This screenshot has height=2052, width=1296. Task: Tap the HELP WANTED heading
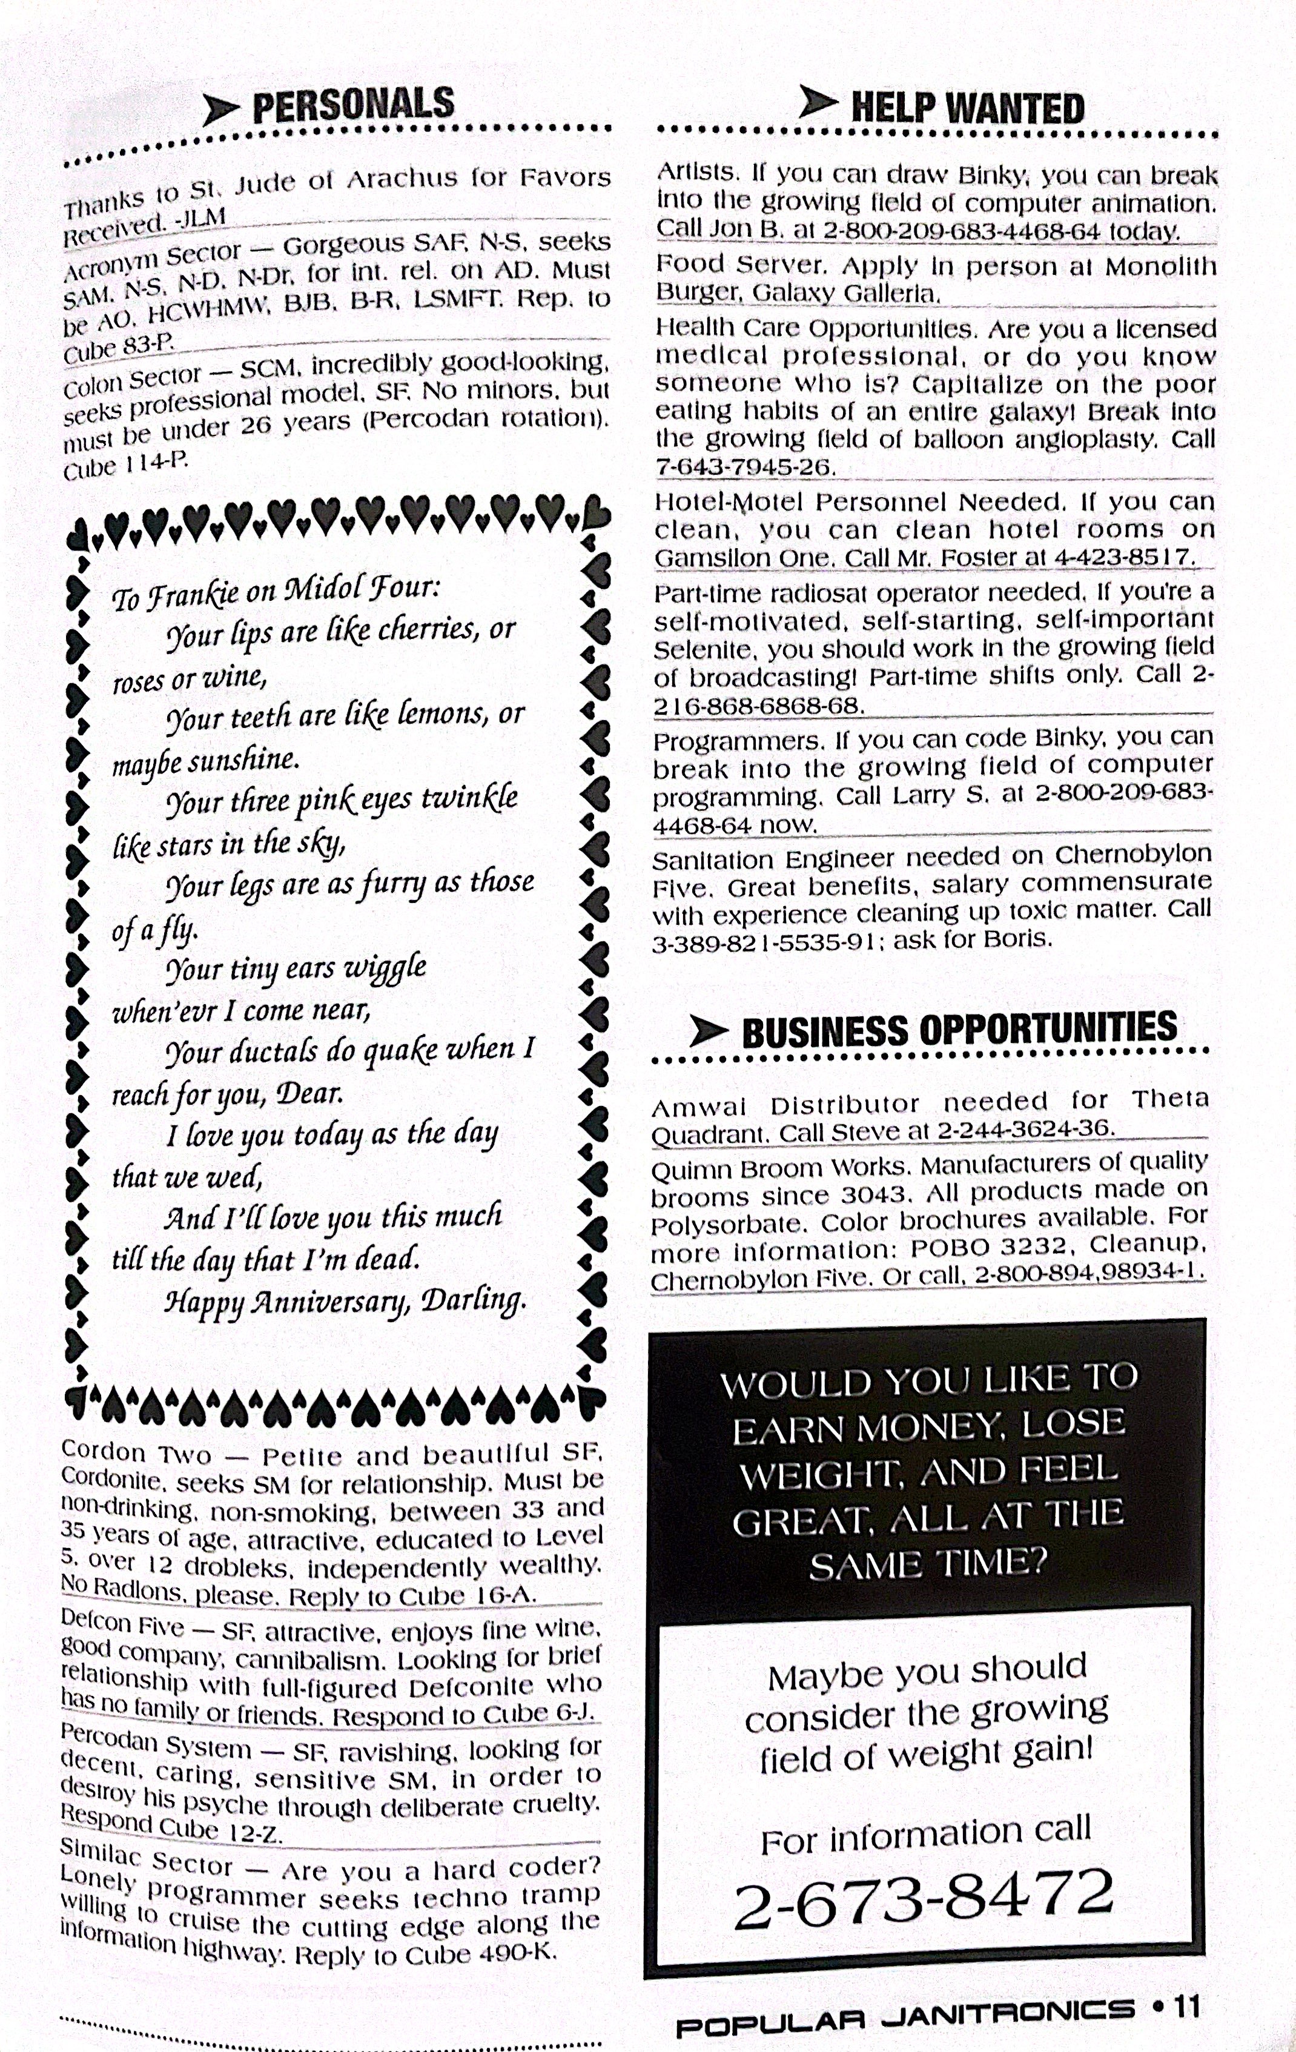[x=967, y=108]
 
